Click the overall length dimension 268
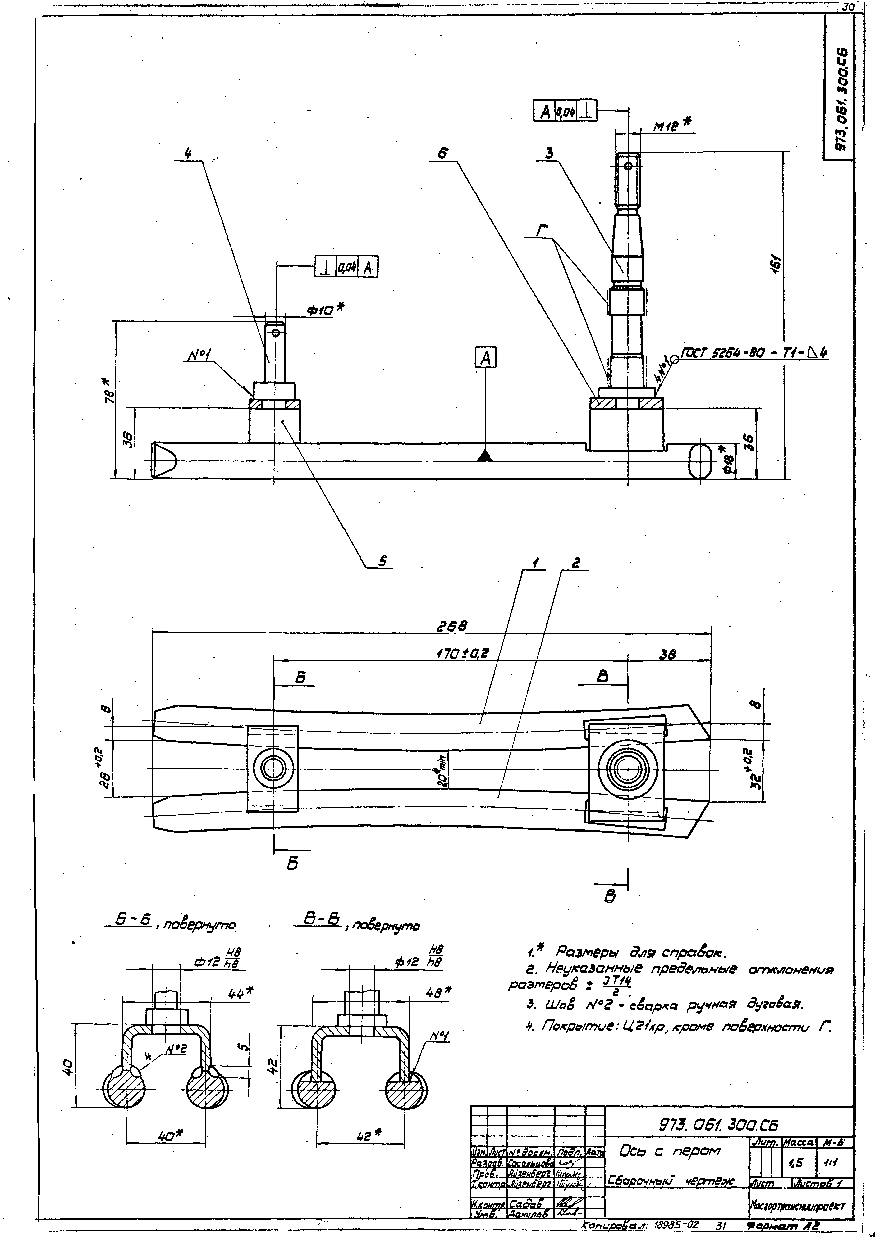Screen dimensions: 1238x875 [x=452, y=626]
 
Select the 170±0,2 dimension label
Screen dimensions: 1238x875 [x=462, y=654]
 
